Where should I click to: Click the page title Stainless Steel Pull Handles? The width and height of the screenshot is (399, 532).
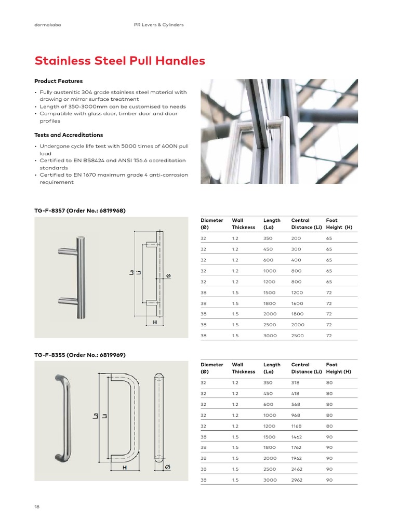(x=119, y=61)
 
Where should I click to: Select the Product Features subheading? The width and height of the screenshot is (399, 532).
(x=58, y=81)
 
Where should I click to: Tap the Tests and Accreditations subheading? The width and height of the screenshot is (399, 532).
(x=69, y=135)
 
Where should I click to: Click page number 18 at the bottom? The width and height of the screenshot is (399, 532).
(x=37, y=507)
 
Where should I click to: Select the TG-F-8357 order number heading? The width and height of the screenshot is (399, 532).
(x=80, y=210)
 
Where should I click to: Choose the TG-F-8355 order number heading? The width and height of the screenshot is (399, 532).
(x=80, y=355)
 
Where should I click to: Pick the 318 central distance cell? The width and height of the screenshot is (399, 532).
(x=297, y=382)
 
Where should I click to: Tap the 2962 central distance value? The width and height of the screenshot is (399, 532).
(x=298, y=480)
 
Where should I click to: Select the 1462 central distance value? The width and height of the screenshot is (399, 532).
(x=298, y=437)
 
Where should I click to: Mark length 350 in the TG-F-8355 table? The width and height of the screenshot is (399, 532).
(x=268, y=382)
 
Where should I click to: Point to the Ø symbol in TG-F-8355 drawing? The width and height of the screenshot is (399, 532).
(x=167, y=468)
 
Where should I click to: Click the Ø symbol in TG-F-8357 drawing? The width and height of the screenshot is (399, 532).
(x=168, y=275)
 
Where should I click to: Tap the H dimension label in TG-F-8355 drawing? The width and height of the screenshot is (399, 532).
(x=125, y=468)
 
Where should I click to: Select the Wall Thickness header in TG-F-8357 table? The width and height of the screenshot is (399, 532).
(x=243, y=223)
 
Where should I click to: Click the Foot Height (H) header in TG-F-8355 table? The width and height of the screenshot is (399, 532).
(x=339, y=368)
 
